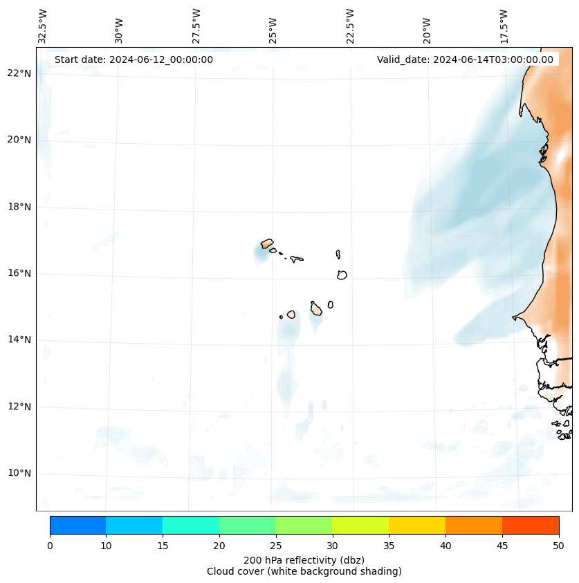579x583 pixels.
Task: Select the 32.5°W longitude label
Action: (43, 26)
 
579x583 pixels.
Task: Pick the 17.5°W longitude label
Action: (504, 26)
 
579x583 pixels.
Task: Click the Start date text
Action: (134, 59)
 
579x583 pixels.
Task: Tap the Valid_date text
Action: (465, 59)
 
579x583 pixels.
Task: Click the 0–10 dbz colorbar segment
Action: (77, 525)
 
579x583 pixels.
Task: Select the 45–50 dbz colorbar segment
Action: (531, 525)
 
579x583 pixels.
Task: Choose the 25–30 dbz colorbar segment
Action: (304, 525)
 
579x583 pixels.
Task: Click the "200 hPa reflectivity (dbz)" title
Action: (304, 559)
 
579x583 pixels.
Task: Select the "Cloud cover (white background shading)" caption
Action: (304, 571)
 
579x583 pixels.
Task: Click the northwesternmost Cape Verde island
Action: (267, 243)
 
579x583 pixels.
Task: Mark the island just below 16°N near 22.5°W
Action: (342, 275)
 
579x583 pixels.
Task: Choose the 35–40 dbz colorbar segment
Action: (417, 525)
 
